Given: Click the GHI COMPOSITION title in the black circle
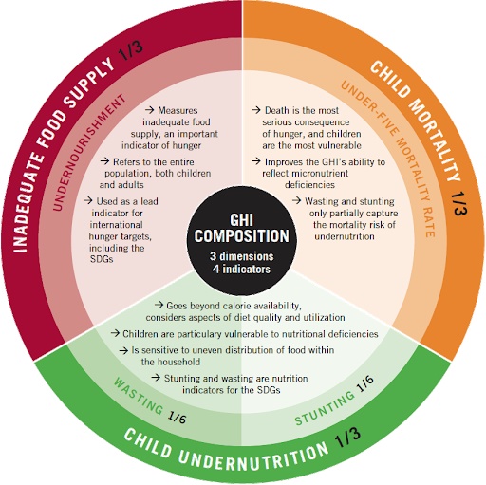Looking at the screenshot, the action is click(242, 228).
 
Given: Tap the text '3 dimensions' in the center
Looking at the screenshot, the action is click(242, 256).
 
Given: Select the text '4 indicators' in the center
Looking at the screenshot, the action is click(242, 270).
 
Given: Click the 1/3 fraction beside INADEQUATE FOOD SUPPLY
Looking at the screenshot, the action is click(131, 49).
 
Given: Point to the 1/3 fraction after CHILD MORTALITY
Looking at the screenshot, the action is click(458, 203).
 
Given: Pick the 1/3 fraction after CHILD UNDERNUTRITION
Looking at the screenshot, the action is click(347, 438).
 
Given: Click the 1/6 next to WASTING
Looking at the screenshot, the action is click(178, 418).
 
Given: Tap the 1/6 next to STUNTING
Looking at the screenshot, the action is click(364, 383).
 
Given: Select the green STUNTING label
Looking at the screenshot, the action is click(325, 408).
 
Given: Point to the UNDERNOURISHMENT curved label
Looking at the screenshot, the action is click(89, 152).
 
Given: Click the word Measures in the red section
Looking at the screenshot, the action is click(178, 110).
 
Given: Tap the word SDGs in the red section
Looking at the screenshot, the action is click(102, 259).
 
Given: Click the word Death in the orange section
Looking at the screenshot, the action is click(277, 110).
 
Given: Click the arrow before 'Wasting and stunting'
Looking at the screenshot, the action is click(296, 200).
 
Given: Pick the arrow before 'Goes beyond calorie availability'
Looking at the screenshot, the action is click(159, 305).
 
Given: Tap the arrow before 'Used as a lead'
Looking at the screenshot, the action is click(88, 200).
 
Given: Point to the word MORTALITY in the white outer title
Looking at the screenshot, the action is click(435, 140).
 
